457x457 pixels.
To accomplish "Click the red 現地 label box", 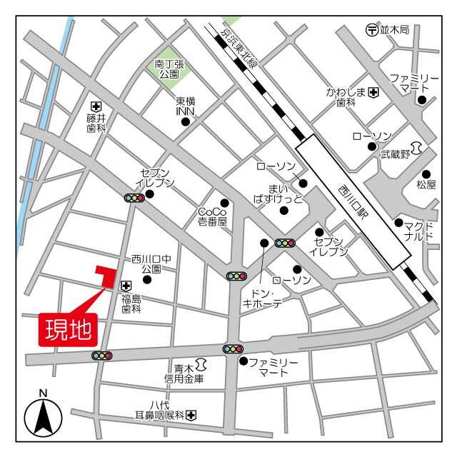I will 69,329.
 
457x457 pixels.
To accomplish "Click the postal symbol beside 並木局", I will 371,30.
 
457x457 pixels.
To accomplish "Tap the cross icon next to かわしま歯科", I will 373,93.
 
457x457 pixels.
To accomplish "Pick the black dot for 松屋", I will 426,174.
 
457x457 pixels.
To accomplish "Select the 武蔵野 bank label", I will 395,154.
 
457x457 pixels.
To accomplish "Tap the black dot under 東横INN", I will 186,121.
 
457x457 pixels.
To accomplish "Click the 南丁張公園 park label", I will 170,69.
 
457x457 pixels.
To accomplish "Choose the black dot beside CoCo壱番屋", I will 224,203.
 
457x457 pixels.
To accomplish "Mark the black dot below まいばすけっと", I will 284,210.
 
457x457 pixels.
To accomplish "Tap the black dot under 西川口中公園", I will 147,289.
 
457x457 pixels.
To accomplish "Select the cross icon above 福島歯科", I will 126,285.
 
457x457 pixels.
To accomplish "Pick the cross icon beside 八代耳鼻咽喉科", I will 191,415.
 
